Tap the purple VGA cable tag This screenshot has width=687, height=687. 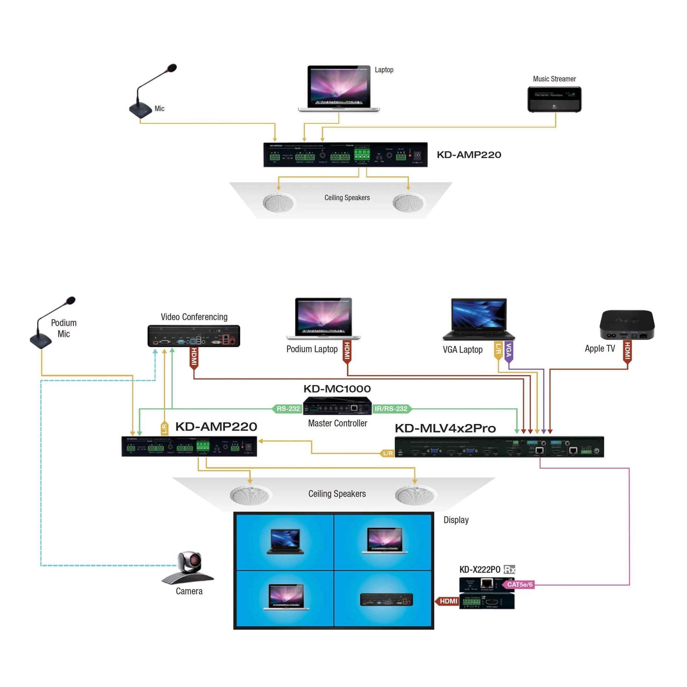click(x=509, y=351)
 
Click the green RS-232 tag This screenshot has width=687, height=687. click(x=288, y=409)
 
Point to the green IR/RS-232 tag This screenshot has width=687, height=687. click(x=391, y=409)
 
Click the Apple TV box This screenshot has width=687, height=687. click(x=627, y=325)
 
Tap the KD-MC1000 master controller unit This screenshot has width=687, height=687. click(x=337, y=406)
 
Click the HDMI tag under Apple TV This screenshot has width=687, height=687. click(x=627, y=351)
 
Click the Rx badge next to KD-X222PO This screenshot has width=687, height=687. click(x=510, y=569)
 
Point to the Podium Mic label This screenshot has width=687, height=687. click(x=64, y=328)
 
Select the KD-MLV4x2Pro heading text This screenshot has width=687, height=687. click(x=445, y=428)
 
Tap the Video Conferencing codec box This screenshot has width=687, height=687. click(x=194, y=336)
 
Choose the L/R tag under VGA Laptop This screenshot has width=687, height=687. click(x=498, y=350)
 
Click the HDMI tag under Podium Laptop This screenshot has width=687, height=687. click(x=347, y=351)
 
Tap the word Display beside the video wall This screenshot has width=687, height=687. click(x=456, y=520)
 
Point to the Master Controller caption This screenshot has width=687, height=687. click(x=337, y=423)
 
